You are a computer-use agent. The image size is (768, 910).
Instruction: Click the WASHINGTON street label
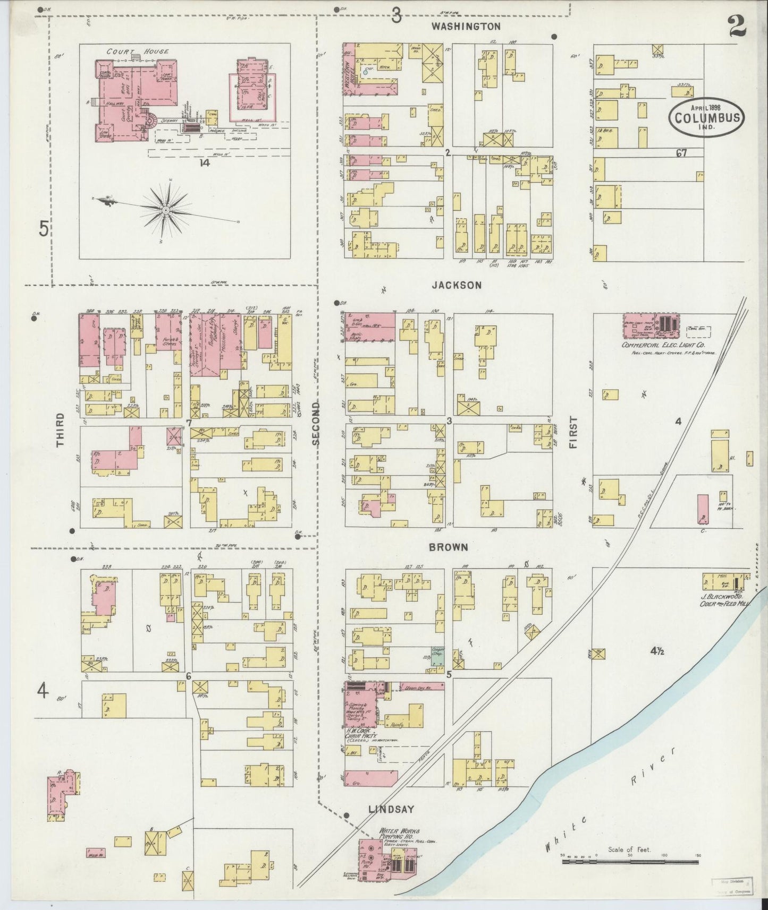click(x=466, y=26)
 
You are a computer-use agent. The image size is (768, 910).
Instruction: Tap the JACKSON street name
click(x=457, y=285)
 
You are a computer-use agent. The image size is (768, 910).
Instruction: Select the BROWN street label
click(x=449, y=547)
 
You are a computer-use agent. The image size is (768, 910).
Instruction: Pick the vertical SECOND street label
click(x=316, y=423)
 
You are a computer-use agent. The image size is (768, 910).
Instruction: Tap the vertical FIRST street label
click(x=572, y=432)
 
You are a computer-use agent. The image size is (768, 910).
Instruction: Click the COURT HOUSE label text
click(x=137, y=51)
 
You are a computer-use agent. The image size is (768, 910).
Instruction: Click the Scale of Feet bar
click(x=629, y=861)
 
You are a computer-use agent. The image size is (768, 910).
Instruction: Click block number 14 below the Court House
click(x=205, y=163)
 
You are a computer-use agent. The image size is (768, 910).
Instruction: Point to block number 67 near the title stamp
click(x=682, y=153)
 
